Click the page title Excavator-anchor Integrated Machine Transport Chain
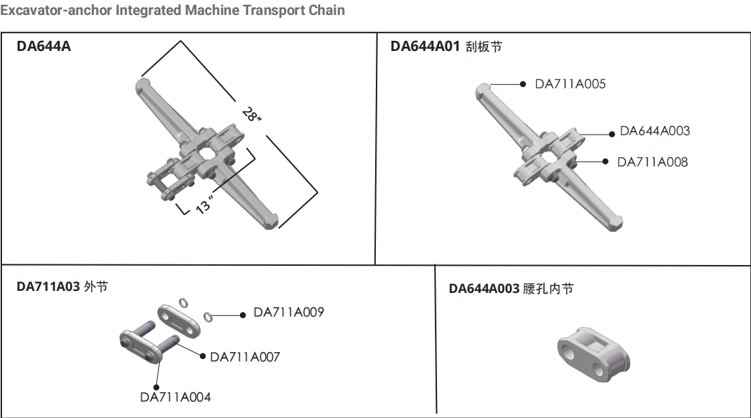coord(173,10)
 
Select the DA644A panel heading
coord(43,47)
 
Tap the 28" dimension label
coord(251,114)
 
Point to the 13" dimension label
coord(205,204)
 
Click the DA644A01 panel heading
coord(425,47)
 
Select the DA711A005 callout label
coord(570,84)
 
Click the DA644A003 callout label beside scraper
coord(654,131)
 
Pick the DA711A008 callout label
coord(652,162)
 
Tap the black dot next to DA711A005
coord(523,84)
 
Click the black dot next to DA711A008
coord(606,162)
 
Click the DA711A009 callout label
coord(289,313)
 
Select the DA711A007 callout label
coord(245,357)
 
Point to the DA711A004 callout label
coord(175,397)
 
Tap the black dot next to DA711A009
coord(242,314)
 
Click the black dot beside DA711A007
coord(201,355)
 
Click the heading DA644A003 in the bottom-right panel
coord(484,289)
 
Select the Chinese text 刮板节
coord(484,47)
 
